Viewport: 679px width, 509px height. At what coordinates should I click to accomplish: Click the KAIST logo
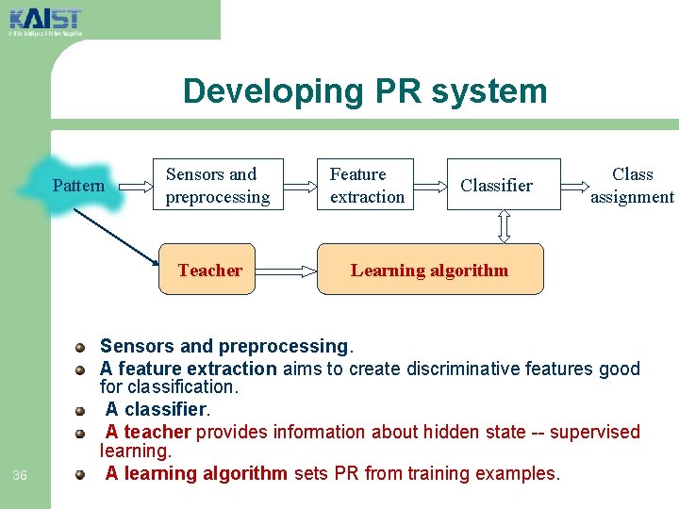[x=45, y=19]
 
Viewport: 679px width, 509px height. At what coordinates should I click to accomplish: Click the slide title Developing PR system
[x=365, y=91]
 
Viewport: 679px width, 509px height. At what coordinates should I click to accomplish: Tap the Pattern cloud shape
[x=77, y=185]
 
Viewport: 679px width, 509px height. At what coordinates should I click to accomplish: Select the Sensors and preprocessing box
[x=218, y=185]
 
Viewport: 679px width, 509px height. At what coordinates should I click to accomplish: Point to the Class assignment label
[x=632, y=185]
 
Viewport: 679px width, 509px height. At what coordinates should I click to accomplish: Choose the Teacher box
[x=210, y=271]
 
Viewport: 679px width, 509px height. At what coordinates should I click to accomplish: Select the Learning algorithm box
[x=430, y=271]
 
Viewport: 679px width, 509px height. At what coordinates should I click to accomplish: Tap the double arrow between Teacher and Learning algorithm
[x=286, y=271]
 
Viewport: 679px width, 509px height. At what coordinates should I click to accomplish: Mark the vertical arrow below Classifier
[x=504, y=226]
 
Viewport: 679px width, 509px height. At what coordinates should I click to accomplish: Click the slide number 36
[x=20, y=475]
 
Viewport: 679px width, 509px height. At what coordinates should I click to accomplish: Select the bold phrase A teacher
[x=148, y=432]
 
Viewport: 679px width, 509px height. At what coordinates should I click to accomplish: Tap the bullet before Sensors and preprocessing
[x=82, y=348]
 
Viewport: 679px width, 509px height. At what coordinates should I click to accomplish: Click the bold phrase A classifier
[x=156, y=410]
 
